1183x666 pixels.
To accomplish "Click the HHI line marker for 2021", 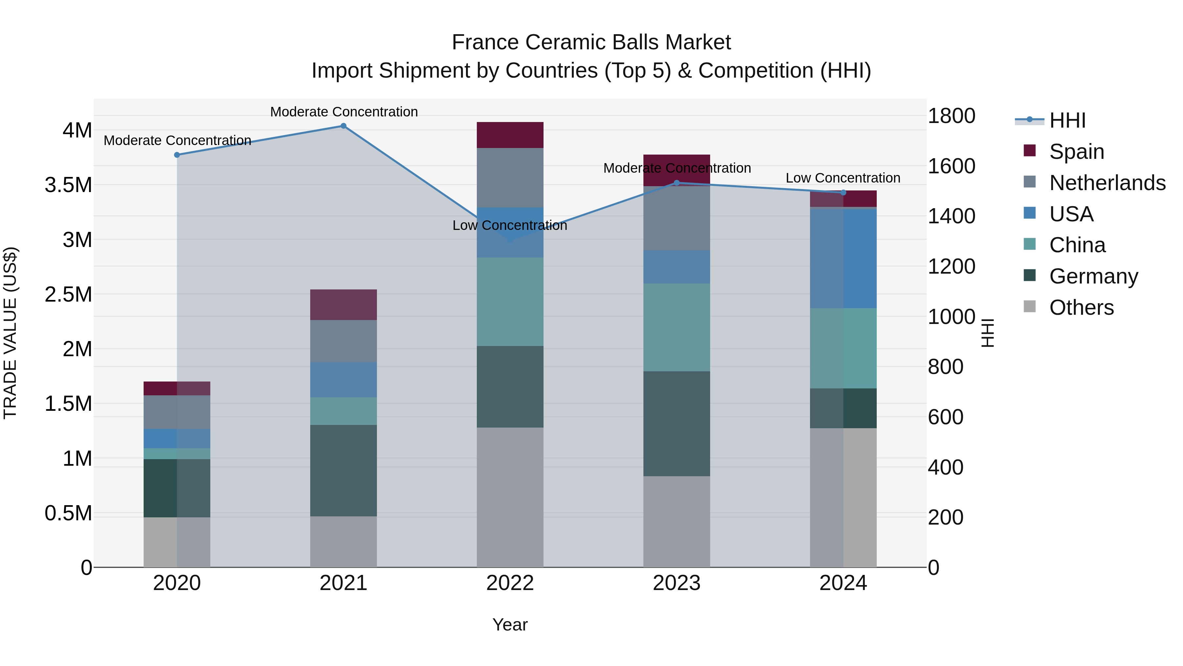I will coord(343,126).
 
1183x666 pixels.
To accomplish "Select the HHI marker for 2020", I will coord(177,155).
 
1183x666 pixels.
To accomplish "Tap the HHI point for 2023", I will coord(677,183).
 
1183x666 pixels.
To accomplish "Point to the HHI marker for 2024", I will coord(843,193).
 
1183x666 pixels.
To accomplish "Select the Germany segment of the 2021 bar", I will coord(343,470).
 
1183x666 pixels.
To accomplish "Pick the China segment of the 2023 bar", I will coord(677,327).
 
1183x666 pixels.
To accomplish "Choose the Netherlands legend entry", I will coord(1107,183).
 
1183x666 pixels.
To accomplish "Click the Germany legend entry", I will coord(1093,276).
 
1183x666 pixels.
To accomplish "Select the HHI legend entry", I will coord(1067,120).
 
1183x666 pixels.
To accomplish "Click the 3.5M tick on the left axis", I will coord(68,185).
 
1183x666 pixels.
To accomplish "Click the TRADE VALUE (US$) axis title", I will coord(10,333).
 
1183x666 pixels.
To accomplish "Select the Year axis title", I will coord(510,625).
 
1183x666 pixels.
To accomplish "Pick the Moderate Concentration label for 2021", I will coord(343,112).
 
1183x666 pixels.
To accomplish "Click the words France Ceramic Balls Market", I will coord(591,42).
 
